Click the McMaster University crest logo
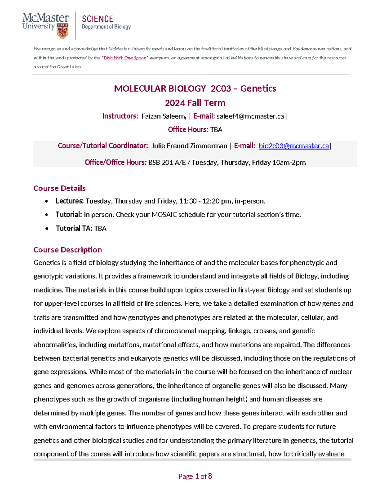click(x=62, y=31)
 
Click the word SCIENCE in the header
click(x=97, y=19)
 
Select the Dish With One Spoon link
click(x=125, y=58)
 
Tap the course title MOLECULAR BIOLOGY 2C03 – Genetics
click(x=195, y=88)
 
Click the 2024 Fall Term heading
click(x=195, y=103)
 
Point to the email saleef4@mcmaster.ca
click(x=250, y=116)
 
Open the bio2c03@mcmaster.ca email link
click(x=294, y=146)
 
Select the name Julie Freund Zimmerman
click(x=189, y=146)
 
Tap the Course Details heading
click(x=60, y=188)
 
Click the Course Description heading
click(x=67, y=250)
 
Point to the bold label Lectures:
click(x=69, y=201)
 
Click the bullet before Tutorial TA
click(x=47, y=229)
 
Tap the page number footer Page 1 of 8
click(x=195, y=476)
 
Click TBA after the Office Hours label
click(x=216, y=130)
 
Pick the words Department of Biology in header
click(x=106, y=27)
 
